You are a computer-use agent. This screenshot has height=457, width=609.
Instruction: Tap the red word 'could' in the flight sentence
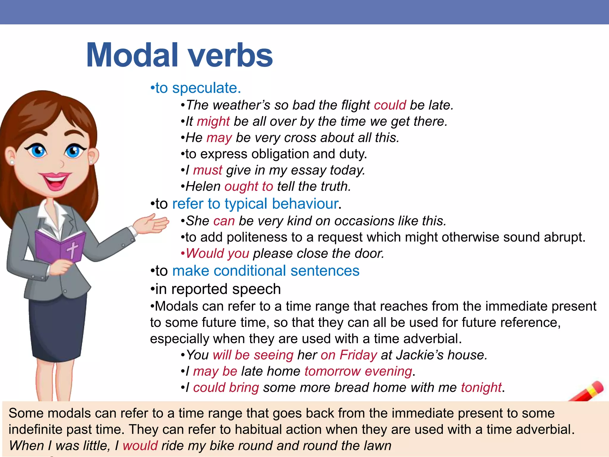390,105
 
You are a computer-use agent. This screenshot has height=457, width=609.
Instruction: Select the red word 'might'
213,121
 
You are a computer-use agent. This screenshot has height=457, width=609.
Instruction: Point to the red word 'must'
208,170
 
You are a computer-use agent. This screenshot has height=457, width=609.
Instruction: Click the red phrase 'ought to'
249,187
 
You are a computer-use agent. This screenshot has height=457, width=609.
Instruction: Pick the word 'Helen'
203,187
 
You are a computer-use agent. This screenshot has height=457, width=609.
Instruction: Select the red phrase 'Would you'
217,253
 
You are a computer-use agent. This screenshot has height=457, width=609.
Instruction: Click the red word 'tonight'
481,387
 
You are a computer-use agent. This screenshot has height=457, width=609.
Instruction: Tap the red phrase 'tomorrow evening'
358,371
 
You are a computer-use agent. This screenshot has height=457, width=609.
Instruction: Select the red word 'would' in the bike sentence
140,446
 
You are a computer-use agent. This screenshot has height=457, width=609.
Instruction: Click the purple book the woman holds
59,247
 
